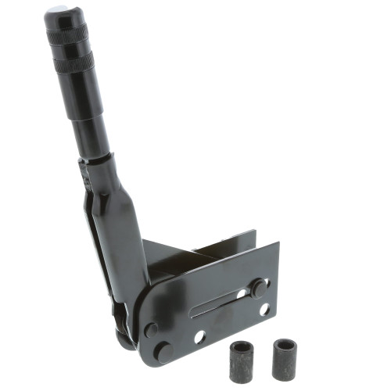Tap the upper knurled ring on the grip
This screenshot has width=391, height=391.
point(68,35)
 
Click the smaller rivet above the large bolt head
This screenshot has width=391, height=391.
point(151,329)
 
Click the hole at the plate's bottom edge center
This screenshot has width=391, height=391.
point(199,338)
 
